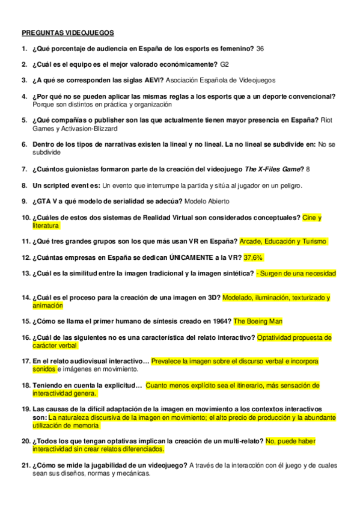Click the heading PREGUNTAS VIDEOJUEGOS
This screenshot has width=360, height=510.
pos(67,32)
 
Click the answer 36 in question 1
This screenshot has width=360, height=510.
pos(260,48)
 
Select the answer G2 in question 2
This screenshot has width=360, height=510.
pos(225,64)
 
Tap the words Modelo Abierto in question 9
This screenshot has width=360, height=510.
pos(207,201)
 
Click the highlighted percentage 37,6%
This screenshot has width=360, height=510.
pos(253,257)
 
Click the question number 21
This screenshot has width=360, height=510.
pos(25,465)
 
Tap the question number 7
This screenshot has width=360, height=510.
pos(25,169)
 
